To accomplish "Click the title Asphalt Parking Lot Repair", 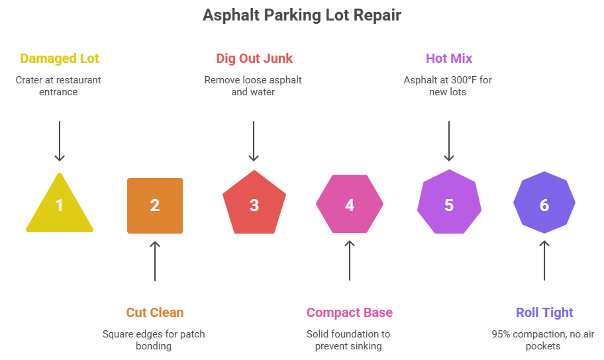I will pos(301,15).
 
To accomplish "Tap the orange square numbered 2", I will pos(155,205).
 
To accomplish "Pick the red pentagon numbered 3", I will pos(254,204).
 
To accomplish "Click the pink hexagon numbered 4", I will pos(349,204).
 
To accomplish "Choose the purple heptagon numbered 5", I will pos(448,204).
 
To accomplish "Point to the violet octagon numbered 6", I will pos(544,204).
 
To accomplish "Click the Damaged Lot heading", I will pos(60,59).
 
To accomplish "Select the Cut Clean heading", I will pos(155,312).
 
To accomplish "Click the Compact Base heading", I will pos(349,312).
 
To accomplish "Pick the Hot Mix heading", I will pos(449,59).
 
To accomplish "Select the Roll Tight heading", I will pos(544,312).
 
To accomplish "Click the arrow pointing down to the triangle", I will pos(60,140).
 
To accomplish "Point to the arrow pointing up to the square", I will pos(155,261).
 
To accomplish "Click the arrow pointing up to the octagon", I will pos(544,261).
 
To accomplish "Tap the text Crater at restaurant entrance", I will pos(59,86).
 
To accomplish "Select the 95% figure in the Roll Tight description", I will pos(501,334).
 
